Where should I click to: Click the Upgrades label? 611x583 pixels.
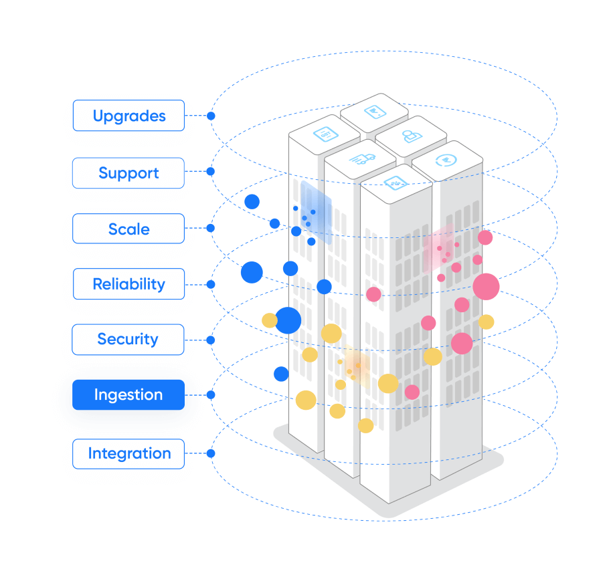[x=128, y=116]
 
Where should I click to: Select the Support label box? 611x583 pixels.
[x=128, y=173]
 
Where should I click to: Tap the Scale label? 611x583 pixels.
[x=128, y=229]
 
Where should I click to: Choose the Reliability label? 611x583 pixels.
[x=128, y=284]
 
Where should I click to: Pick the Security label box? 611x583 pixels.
[x=128, y=340]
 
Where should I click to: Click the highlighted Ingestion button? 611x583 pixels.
[x=128, y=395]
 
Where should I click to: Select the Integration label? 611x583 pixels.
[x=128, y=454]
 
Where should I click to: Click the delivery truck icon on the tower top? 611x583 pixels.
[x=361, y=158]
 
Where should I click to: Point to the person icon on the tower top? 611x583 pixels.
[x=409, y=136]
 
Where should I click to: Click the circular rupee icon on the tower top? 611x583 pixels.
[x=444, y=160]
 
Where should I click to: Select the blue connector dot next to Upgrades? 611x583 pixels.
[x=211, y=116]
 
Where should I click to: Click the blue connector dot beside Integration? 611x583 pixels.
[x=211, y=453]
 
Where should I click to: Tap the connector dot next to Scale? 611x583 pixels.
[x=211, y=228]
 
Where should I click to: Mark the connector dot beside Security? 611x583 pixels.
[x=211, y=340]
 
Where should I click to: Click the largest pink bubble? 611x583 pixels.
[x=487, y=286]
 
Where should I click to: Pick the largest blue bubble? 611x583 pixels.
[x=288, y=320]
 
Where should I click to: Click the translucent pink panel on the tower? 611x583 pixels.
[x=439, y=246]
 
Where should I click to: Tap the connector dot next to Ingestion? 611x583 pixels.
[x=211, y=394]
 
